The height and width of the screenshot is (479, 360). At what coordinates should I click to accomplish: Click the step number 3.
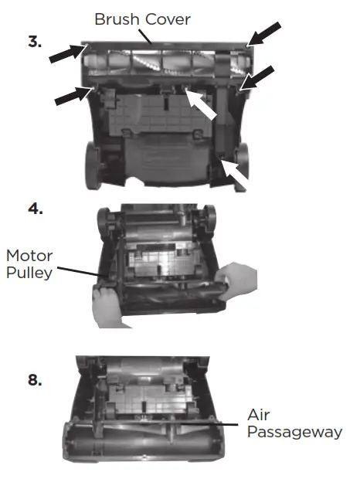[x=35, y=42]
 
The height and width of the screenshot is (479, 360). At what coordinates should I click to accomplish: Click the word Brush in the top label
[x=116, y=18]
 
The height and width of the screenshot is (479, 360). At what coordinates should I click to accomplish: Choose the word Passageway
[x=294, y=432]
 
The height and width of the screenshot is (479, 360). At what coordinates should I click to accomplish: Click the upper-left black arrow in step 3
[x=64, y=53]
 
